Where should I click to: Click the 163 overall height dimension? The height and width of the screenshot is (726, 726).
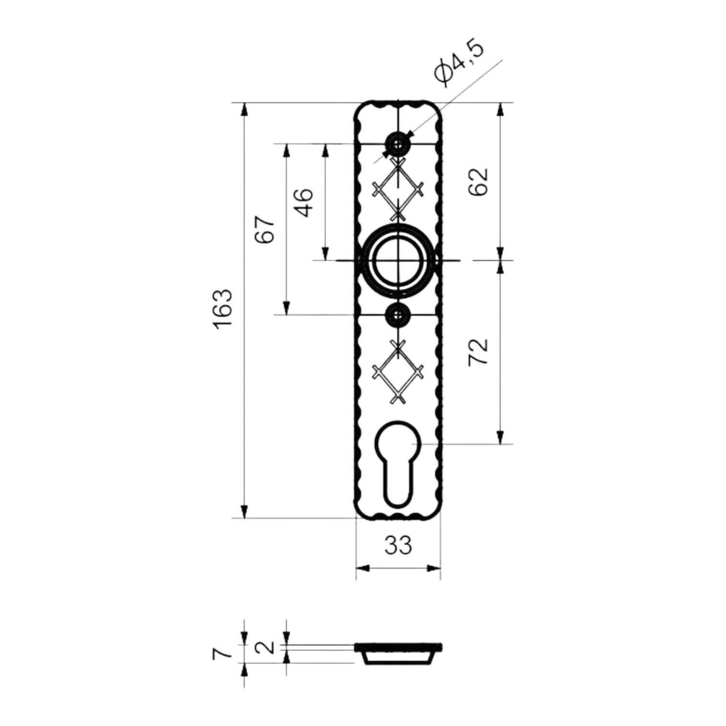pyautogui.click(x=223, y=309)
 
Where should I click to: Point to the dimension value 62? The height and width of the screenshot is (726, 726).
pyautogui.click(x=478, y=181)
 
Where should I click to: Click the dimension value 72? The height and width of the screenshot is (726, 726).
pyautogui.click(x=478, y=352)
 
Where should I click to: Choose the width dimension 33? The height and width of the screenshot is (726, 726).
pyautogui.click(x=398, y=545)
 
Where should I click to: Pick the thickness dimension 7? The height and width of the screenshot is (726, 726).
pyautogui.click(x=222, y=653)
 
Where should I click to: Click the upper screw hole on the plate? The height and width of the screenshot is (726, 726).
pyautogui.click(x=398, y=144)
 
